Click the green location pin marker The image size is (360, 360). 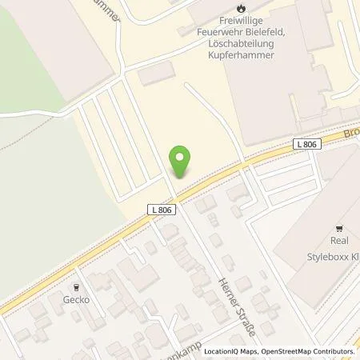pos(182,161)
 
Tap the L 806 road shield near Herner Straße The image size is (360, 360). pos(160,209)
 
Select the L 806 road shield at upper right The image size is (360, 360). pos(304,144)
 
